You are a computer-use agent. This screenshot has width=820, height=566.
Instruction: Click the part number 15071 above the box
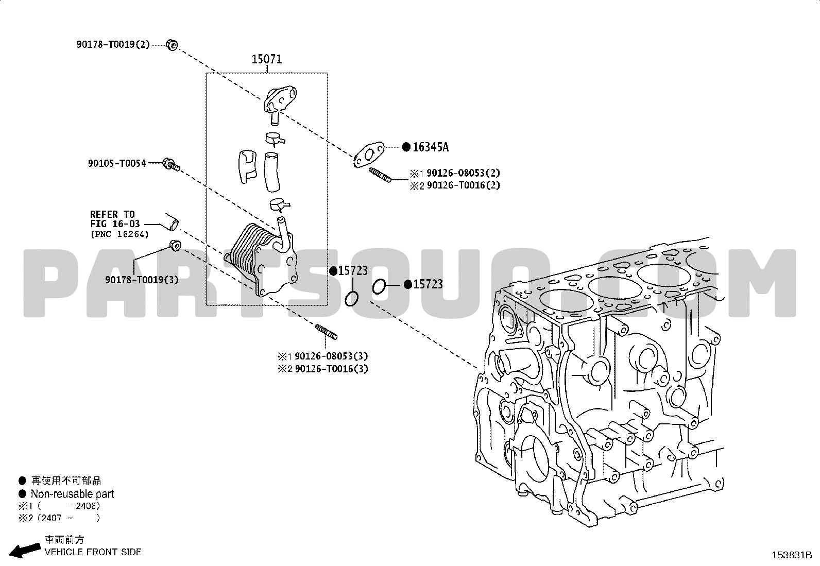[266, 59]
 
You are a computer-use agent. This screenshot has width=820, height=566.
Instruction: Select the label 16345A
[431, 147]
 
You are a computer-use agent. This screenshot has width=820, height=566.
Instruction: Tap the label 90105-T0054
[117, 163]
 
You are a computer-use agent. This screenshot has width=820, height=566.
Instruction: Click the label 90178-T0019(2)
[113, 44]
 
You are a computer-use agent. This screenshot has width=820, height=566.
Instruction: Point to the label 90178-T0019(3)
[142, 280]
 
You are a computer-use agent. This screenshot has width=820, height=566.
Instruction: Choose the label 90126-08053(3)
[331, 356]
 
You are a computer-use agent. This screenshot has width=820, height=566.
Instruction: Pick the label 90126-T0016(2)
[464, 185]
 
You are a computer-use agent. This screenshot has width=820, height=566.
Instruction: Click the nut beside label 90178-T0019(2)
[172, 45]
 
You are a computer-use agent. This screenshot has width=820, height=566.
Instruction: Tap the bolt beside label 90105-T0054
[172, 164]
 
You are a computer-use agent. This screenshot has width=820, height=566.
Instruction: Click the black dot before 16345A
[406, 147]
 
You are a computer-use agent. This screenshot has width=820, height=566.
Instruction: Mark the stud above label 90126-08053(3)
[326, 332]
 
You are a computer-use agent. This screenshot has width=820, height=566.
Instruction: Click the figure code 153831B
[792, 555]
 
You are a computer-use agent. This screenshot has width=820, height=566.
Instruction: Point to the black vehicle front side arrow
[25, 550]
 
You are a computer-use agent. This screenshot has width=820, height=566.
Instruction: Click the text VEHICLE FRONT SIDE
[93, 552]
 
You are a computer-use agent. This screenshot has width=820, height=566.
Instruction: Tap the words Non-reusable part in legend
[73, 494]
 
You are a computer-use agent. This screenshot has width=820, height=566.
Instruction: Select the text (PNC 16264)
[119, 234]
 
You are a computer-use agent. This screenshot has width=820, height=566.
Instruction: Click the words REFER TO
[112, 214]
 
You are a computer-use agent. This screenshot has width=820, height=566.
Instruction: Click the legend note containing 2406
[59, 506]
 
